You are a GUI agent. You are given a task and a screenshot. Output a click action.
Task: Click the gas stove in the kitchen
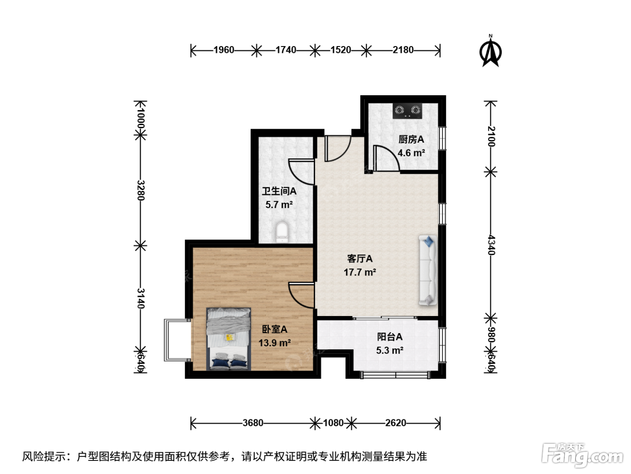tap(407, 111)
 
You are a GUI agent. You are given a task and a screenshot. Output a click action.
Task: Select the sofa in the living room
tap(428, 270)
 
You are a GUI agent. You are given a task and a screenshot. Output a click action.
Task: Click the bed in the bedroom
tap(229, 339)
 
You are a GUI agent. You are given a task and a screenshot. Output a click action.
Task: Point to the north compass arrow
tap(490, 52)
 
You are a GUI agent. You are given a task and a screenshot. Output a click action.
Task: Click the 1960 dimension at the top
tap(224, 50)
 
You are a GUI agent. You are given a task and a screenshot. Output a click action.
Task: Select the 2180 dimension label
tap(403, 50)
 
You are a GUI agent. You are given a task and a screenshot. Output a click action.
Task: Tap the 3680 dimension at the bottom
tap(253, 423)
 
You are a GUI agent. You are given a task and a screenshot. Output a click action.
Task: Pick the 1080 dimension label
tap(333, 423)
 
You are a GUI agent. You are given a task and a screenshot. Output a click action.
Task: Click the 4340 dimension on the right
tap(491, 245)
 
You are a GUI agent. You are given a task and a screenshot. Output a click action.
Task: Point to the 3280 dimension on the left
tap(141, 190)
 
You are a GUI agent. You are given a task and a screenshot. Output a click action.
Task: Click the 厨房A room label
tap(411, 139)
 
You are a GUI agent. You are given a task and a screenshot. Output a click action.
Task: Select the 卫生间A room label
tap(279, 191)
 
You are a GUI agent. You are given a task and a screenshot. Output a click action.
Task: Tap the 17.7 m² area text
tap(360, 272)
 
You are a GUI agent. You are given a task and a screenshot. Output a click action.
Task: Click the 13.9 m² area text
tap(274, 343)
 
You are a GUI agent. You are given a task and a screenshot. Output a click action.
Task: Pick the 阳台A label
tap(390, 337)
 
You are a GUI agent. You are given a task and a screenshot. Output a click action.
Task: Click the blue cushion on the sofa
tap(429, 241)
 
